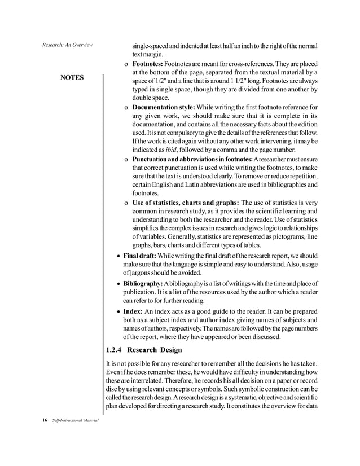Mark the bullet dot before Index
click(x=117, y=311)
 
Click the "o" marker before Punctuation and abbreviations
click(x=125, y=158)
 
